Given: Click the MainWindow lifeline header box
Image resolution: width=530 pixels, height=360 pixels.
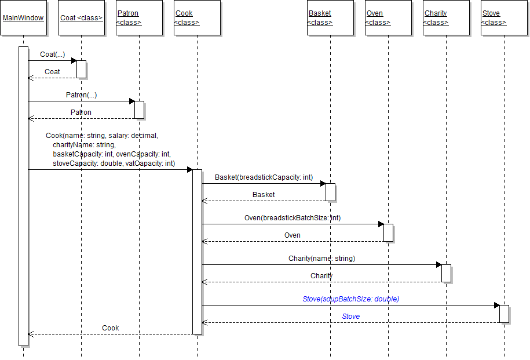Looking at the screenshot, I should pyautogui.click(x=23, y=18).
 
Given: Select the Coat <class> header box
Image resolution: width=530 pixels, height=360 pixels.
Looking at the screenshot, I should pyautogui.click(x=81, y=18).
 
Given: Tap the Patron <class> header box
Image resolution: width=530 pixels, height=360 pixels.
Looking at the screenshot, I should pyautogui.click(x=139, y=18).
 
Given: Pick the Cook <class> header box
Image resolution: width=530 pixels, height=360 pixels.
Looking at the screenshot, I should pyautogui.click(x=197, y=18).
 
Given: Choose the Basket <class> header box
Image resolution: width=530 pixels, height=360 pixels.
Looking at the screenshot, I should pyautogui.click(x=330, y=18).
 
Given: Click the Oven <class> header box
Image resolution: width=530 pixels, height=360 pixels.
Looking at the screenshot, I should pyautogui.click(x=388, y=18).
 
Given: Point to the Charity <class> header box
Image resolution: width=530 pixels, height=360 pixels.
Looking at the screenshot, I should pyautogui.click(x=446, y=18).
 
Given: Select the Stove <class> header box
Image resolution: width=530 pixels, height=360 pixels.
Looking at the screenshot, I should pyautogui.click(x=504, y=18).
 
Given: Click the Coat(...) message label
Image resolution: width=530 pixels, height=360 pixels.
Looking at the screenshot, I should pyautogui.click(x=52, y=54).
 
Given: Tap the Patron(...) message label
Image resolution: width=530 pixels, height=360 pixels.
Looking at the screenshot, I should pyautogui.click(x=81, y=94).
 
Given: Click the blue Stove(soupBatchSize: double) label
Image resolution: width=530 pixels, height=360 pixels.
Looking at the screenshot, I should pyautogui.click(x=350, y=299).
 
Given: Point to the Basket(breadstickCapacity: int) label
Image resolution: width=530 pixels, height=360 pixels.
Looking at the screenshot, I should pyautogui.click(x=264, y=177).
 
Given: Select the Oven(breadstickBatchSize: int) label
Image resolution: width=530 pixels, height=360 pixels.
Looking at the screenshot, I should pyautogui.click(x=293, y=218).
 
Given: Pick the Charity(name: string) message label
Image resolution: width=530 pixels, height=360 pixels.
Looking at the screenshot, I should pyautogui.click(x=321, y=259).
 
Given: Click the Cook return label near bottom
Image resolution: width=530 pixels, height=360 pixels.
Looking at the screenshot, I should pyautogui.click(x=110, y=328).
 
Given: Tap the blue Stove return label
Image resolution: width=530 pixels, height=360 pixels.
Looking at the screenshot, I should pyautogui.click(x=350, y=317).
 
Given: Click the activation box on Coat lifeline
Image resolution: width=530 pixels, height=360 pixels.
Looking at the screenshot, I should pyautogui.click(x=81, y=69).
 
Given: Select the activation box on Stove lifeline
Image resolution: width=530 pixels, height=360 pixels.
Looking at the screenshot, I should pyautogui.click(x=504, y=314).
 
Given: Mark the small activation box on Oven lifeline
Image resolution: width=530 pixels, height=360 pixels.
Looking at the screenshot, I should pyautogui.click(x=388, y=232).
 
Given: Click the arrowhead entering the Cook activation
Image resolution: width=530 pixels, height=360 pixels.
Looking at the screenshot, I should pyautogui.click(x=189, y=170).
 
